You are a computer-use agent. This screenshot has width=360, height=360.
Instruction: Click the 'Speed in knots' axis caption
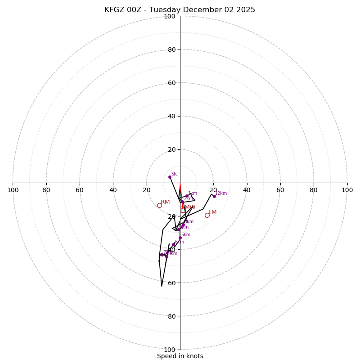(x=180, y=356)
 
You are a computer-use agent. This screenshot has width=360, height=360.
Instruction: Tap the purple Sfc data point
(x=170, y=177)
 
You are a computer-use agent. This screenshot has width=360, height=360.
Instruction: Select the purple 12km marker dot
(x=214, y=196)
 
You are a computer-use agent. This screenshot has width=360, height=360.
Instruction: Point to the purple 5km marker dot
(x=180, y=238)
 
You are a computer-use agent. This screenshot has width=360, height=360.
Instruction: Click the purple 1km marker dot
(x=187, y=196)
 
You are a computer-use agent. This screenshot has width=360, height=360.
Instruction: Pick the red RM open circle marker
(x=159, y=205)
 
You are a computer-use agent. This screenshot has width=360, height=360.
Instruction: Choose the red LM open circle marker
(x=207, y=215)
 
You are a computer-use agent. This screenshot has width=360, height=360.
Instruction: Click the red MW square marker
(x=183, y=210)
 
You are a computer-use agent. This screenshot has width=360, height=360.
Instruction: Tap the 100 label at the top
(x=170, y=16)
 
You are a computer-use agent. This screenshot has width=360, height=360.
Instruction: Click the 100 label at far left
(x=13, y=190)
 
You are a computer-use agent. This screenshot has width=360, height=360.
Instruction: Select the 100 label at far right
(x=347, y=190)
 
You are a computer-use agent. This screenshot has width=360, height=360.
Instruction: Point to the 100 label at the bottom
(x=170, y=350)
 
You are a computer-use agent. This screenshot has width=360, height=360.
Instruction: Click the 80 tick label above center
(x=171, y=49)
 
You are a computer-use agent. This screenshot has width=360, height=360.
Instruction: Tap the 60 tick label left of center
(x=80, y=190)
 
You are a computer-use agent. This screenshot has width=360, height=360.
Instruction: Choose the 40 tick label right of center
(x=247, y=190)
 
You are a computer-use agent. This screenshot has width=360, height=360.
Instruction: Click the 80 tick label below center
(x=171, y=316)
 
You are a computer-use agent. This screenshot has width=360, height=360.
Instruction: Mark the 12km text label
(x=221, y=193)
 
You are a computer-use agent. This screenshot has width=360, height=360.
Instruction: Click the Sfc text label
(x=174, y=174)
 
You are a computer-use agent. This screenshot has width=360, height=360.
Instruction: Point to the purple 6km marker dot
(x=174, y=244)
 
